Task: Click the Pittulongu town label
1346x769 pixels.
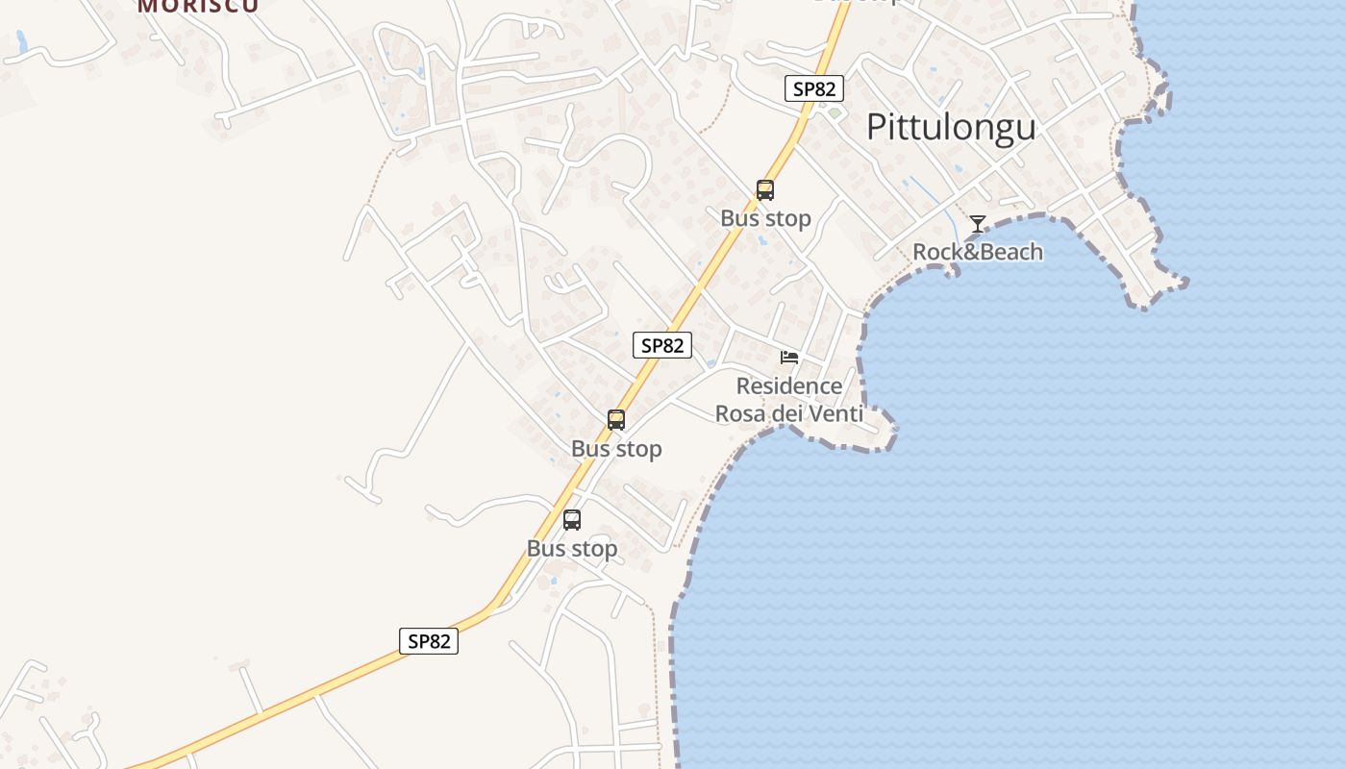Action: click(x=951, y=127)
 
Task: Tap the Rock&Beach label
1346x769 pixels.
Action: click(x=977, y=252)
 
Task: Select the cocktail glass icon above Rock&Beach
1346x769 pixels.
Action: click(x=977, y=224)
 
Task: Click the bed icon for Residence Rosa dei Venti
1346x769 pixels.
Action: click(x=789, y=358)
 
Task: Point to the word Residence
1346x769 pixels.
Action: click(x=788, y=386)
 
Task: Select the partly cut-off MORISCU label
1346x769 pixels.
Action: click(x=197, y=6)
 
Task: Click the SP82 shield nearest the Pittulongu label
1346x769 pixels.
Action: click(x=814, y=89)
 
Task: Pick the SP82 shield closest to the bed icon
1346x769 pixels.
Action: click(x=662, y=345)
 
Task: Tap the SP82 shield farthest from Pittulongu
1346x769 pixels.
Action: click(x=429, y=641)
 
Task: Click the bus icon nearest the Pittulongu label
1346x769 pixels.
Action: click(x=765, y=190)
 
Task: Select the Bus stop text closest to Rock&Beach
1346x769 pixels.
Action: click(x=765, y=219)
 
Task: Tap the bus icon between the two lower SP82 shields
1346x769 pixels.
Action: click(x=616, y=420)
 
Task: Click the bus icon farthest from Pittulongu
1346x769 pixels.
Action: click(x=572, y=520)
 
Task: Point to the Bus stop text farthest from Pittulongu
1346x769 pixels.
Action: click(x=572, y=549)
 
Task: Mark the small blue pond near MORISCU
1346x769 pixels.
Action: click(x=22, y=42)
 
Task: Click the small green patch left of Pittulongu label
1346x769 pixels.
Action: click(x=835, y=113)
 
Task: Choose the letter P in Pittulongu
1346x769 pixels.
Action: click(x=877, y=127)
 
